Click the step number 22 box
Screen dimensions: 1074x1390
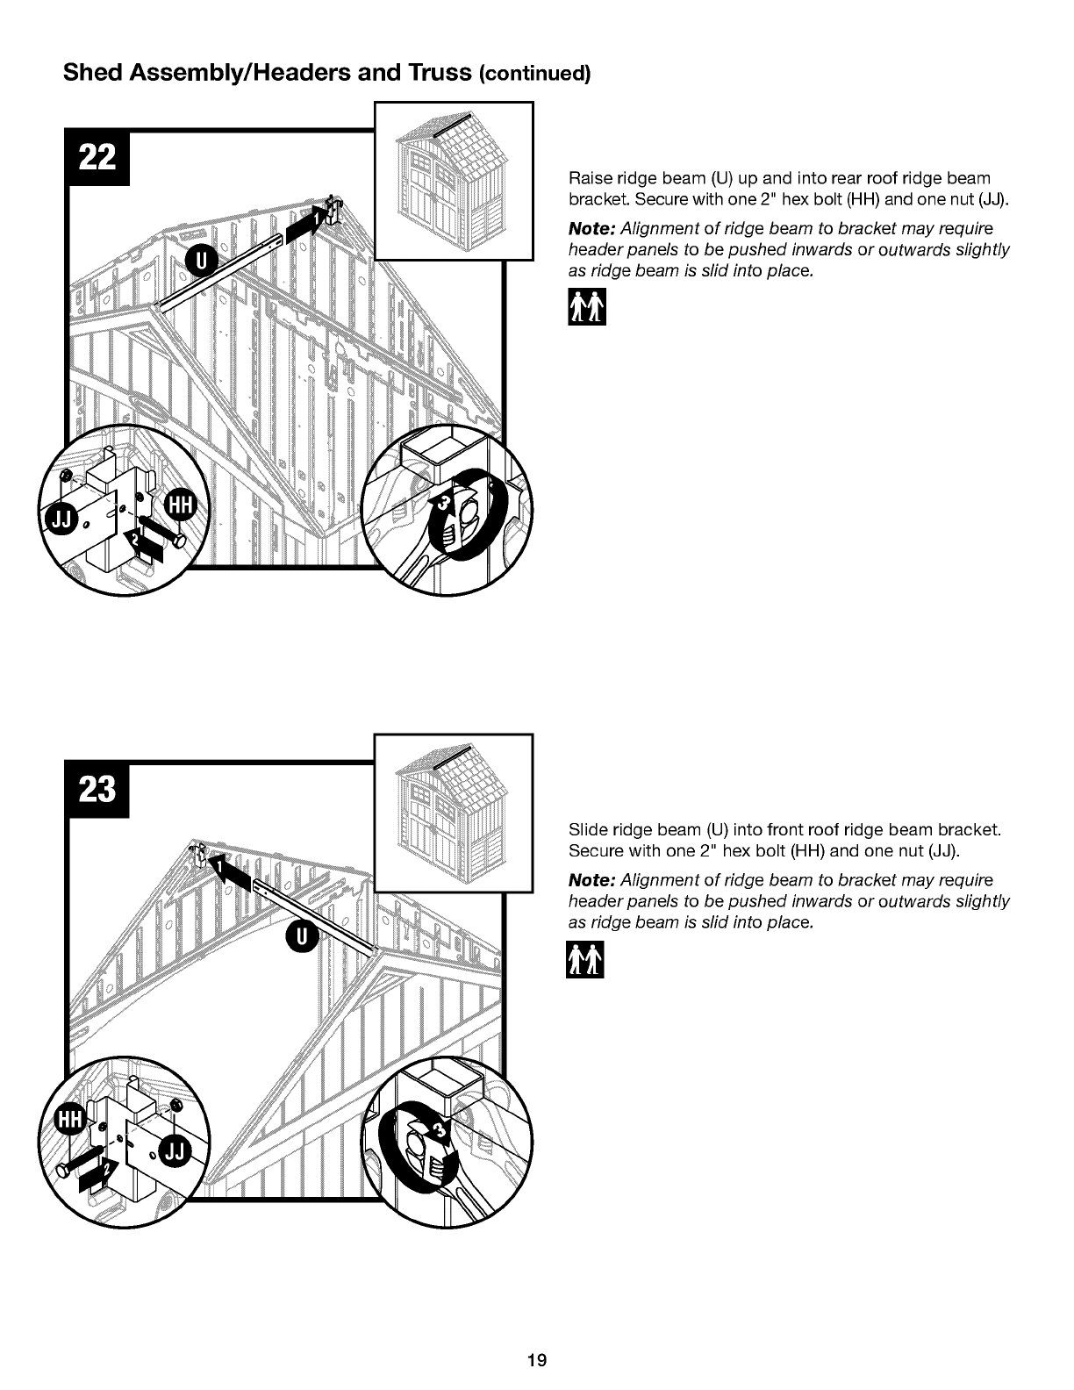pos(97,157)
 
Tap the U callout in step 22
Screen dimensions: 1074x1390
pos(202,262)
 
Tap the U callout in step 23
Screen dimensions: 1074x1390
pos(302,936)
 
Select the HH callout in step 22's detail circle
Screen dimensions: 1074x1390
pos(180,506)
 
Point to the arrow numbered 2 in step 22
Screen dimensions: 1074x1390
pos(143,546)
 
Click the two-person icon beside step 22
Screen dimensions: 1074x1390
pos(586,307)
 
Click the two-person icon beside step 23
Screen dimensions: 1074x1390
pos(584,959)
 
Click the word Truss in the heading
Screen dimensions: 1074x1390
pos(440,72)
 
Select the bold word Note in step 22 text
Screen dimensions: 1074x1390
pos(591,228)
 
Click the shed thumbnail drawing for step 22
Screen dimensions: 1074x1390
pos(454,181)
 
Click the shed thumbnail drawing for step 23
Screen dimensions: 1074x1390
pos(454,813)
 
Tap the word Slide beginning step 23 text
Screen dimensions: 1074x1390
pos(589,829)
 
